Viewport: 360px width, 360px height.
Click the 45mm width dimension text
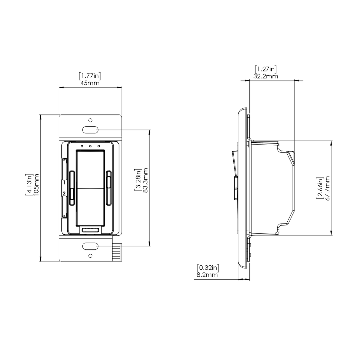(90, 83)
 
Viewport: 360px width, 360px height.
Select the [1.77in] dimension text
(90, 76)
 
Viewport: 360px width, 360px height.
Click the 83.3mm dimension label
(145, 180)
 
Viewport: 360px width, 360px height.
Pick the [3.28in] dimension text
(138, 180)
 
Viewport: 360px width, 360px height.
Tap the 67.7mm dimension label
(327, 189)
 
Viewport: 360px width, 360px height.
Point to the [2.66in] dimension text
(320, 189)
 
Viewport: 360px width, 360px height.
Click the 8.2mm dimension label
(207, 275)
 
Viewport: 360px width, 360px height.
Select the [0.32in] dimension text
(207, 268)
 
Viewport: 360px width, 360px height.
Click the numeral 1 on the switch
(64, 183)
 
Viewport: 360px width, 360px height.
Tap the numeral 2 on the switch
(64, 194)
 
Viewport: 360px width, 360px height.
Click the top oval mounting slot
(90, 130)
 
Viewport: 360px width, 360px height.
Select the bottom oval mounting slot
(90, 246)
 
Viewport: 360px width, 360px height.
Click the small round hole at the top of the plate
(90, 120)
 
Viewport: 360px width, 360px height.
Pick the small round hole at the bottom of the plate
(90, 255)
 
